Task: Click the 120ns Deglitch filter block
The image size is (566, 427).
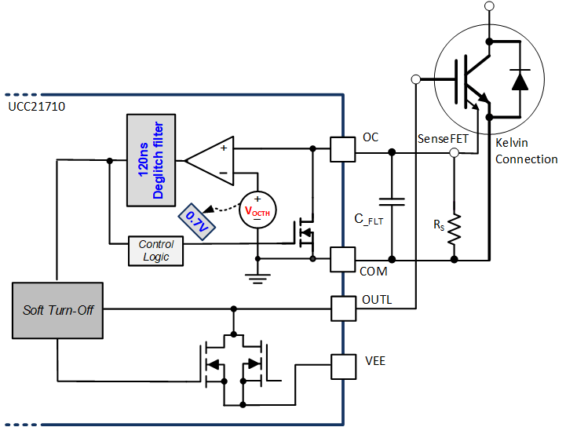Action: click(x=150, y=160)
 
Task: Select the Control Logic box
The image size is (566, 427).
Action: click(x=155, y=251)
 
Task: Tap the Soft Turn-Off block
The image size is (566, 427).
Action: click(x=57, y=309)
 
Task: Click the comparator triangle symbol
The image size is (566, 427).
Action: click(x=208, y=160)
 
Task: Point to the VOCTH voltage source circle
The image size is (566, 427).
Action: click(x=257, y=210)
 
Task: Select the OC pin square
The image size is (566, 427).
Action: click(x=342, y=148)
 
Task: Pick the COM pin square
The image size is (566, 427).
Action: click(x=342, y=260)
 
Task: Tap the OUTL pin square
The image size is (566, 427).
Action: click(x=342, y=308)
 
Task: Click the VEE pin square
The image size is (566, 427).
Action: click(x=342, y=365)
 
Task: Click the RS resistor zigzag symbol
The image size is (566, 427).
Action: click(x=454, y=228)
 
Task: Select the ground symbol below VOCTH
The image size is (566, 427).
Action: click(x=257, y=276)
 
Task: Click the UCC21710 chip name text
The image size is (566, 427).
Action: click(x=36, y=105)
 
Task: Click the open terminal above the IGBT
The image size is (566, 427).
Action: click(x=490, y=6)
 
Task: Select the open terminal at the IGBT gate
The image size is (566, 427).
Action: click(x=415, y=79)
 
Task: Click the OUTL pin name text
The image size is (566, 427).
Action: click(x=378, y=299)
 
